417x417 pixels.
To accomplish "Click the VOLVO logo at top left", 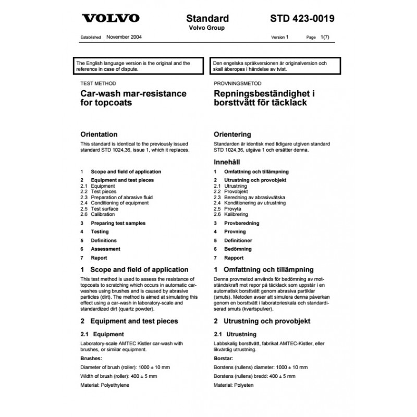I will click(111, 19).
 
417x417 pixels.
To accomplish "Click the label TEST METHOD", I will click(98, 83).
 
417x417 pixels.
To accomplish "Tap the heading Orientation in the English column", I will click(99, 134).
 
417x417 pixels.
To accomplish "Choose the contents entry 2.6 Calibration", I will click(97, 214).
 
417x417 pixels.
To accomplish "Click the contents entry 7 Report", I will click(94, 258).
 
